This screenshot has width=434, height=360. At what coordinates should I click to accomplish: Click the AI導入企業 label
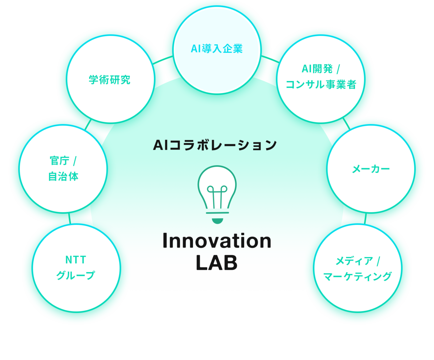217,48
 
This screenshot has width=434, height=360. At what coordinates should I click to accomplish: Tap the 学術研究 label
110,80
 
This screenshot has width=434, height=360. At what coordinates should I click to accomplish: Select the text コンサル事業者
321,84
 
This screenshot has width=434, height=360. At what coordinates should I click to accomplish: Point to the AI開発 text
317,69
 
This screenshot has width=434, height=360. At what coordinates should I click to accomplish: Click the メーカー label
371,169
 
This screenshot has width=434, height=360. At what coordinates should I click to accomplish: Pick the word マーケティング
357,277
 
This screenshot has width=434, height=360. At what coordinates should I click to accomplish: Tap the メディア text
354,261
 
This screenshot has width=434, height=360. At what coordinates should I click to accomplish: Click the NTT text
76,260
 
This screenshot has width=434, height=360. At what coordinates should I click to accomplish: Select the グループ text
76,275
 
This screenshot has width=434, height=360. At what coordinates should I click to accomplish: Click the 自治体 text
63,176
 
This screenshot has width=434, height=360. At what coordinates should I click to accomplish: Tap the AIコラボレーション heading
215,145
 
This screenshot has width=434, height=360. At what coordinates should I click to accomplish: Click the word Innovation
217,241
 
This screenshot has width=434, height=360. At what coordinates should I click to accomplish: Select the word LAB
217,262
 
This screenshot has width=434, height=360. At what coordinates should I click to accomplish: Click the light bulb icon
217,195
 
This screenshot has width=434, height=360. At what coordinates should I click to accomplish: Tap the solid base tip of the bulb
217,221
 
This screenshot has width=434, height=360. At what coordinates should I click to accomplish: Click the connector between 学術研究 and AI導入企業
163,60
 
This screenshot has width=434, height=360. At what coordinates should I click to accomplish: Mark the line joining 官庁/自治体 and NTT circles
70,218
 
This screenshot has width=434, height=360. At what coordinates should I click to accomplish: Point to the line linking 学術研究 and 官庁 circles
88,125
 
